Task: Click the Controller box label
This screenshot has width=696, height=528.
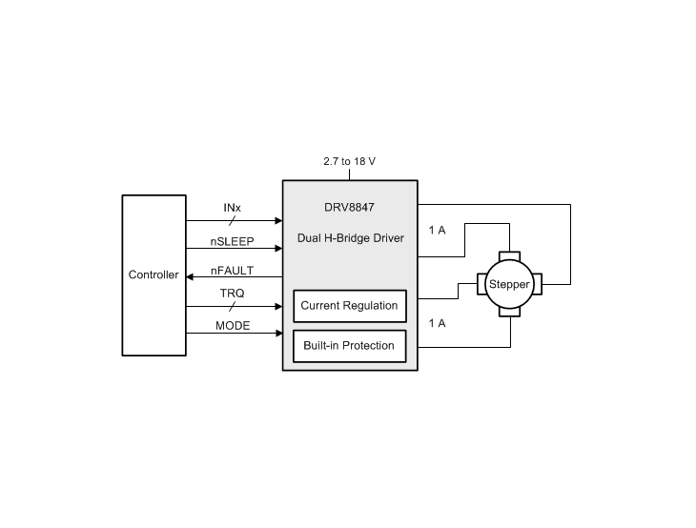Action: pyautogui.click(x=154, y=274)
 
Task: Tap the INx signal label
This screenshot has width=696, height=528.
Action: pyautogui.click(x=232, y=208)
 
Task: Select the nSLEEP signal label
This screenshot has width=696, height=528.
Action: pyautogui.click(x=232, y=241)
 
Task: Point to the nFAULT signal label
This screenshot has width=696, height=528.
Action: pyautogui.click(x=232, y=271)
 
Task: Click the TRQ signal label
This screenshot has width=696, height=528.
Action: pyautogui.click(x=232, y=294)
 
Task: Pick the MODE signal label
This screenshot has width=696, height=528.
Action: pyautogui.click(x=233, y=326)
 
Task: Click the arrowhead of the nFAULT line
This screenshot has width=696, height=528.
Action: pyautogui.click(x=190, y=277)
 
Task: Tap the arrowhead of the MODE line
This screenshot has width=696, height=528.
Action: pyautogui.click(x=279, y=333)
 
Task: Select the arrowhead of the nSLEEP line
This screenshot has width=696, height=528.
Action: pyautogui.click(x=279, y=248)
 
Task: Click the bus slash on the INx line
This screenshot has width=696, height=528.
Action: pyautogui.click(x=232, y=220)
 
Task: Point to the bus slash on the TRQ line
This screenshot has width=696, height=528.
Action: pyautogui.click(x=232, y=306)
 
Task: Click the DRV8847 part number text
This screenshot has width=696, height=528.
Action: pyautogui.click(x=349, y=207)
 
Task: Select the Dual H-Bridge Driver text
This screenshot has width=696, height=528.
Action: pyautogui.click(x=351, y=238)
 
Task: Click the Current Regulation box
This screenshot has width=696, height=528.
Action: pyautogui.click(x=350, y=306)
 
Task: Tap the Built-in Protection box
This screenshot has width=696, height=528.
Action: pyautogui.click(x=350, y=346)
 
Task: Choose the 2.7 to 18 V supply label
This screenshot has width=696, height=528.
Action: pyautogui.click(x=349, y=161)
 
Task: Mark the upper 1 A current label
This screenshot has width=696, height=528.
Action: pyautogui.click(x=438, y=231)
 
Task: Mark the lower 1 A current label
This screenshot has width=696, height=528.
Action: pyautogui.click(x=438, y=323)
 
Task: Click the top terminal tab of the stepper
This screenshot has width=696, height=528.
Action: pyautogui.click(x=509, y=256)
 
